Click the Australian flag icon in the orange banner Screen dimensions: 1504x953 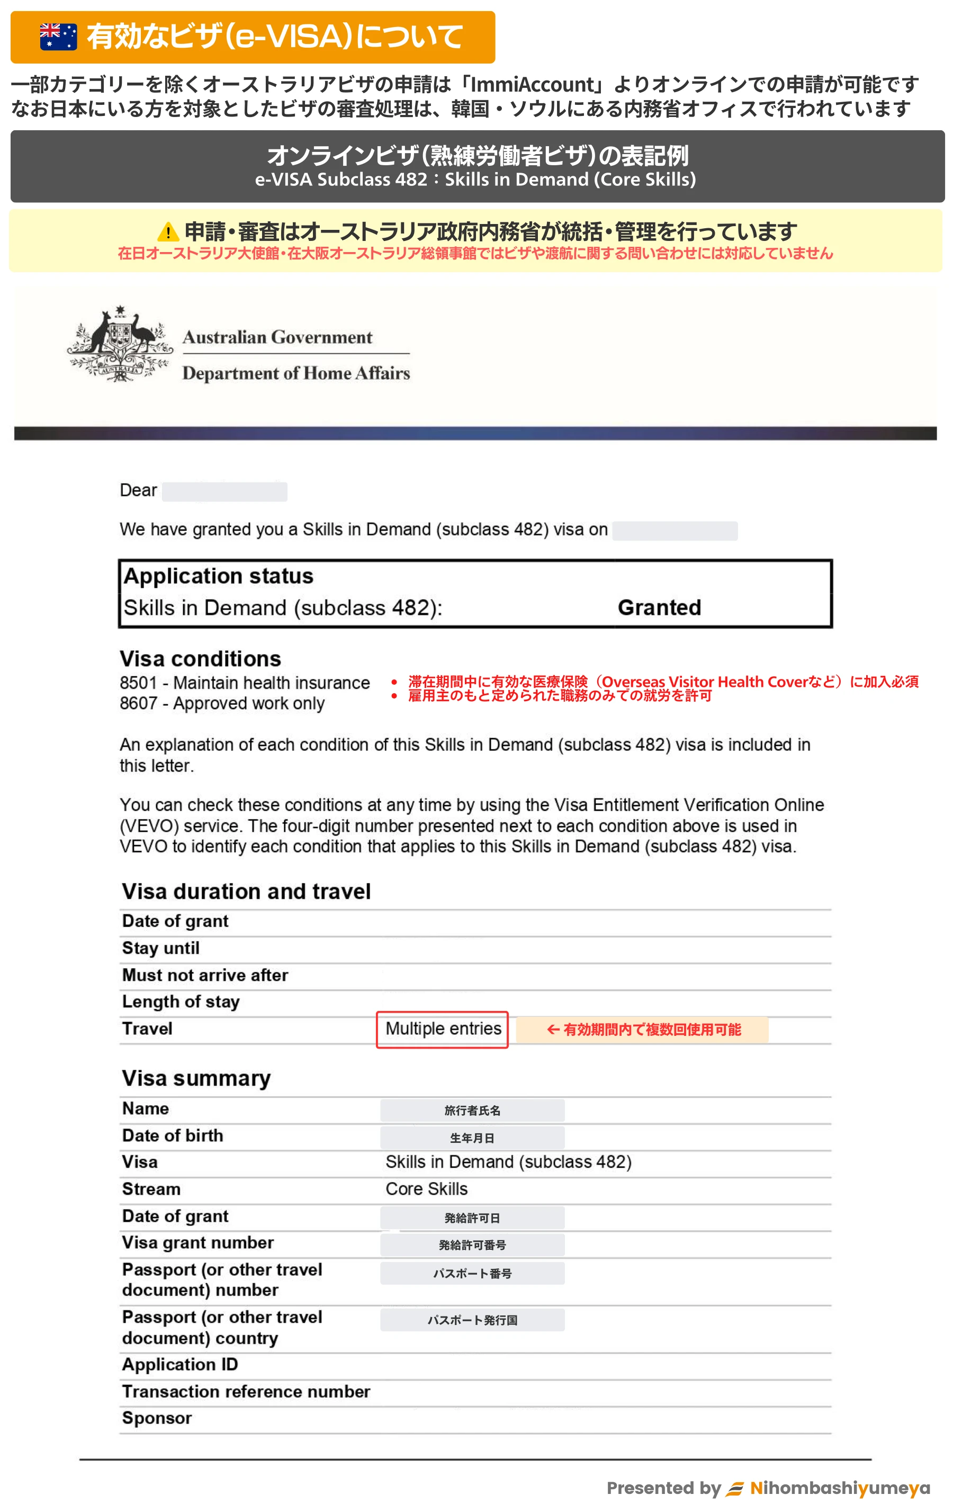tap(58, 37)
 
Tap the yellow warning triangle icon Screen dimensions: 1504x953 tap(167, 232)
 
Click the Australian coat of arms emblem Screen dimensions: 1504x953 tap(120, 345)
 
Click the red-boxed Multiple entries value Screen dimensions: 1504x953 tap(443, 1028)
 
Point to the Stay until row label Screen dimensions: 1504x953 tap(160, 948)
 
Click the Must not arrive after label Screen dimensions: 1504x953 tap(205, 975)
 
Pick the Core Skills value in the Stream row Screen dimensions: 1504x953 tap(427, 1188)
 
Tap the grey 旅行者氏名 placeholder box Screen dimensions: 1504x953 tap(472, 1110)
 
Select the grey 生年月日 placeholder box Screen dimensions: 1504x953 tap(472, 1138)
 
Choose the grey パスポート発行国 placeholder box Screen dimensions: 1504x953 tap(472, 1320)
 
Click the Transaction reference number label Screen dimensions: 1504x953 tap(246, 1392)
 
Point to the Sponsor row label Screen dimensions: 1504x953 tap(157, 1418)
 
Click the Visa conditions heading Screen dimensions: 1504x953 tap(201, 659)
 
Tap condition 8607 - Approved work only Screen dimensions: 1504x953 tap(222, 703)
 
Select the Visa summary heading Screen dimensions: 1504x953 tap(196, 1079)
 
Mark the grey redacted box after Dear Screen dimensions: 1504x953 tap(224, 491)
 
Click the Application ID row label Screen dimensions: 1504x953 tap(180, 1365)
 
